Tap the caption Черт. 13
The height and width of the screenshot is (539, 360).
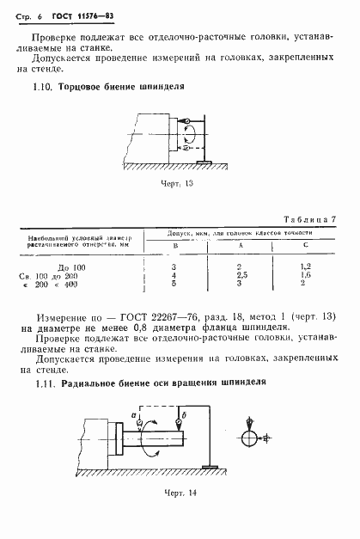(x=179, y=182)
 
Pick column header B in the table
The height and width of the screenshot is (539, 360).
(x=174, y=246)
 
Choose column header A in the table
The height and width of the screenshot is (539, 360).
(x=241, y=246)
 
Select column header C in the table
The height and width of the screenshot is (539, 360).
(x=304, y=246)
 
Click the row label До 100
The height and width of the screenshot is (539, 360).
(x=70, y=267)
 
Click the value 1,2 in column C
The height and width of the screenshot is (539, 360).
(x=304, y=267)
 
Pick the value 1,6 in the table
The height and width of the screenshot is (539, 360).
(x=304, y=275)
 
